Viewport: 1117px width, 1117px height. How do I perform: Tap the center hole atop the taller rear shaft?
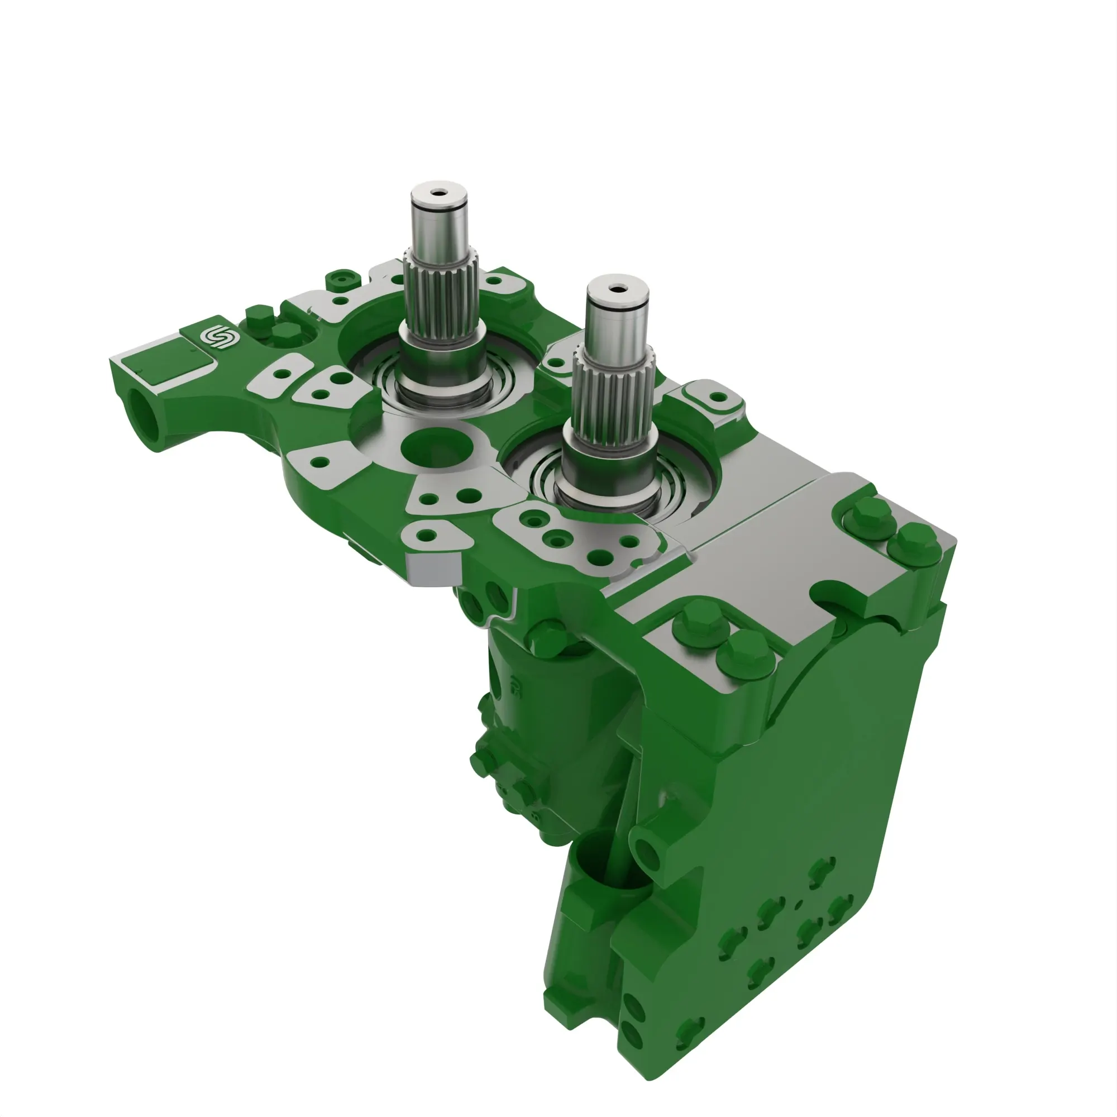(438, 192)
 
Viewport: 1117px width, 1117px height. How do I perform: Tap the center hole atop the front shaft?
(617, 287)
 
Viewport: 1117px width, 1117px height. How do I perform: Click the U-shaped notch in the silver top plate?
(836, 593)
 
